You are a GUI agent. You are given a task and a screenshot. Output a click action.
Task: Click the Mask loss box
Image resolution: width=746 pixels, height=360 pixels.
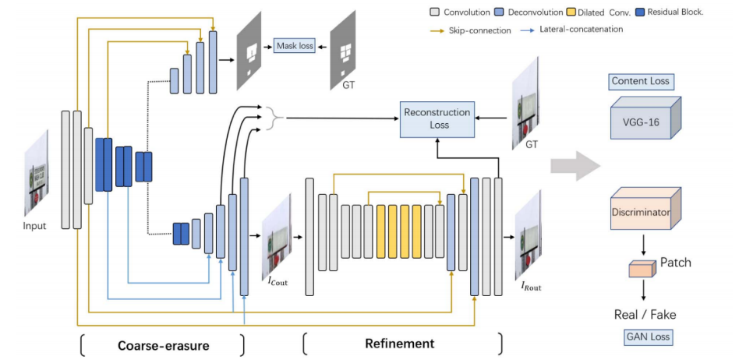point(295,47)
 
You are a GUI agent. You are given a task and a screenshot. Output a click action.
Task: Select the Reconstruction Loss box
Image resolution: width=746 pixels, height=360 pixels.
point(437,118)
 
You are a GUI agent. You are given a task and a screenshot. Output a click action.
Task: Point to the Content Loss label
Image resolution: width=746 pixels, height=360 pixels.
point(640,82)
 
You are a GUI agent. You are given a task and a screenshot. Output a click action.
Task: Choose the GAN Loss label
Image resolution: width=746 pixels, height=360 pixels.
point(643,337)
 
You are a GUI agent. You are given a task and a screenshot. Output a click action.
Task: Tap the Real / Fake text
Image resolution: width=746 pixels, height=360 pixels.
point(643,315)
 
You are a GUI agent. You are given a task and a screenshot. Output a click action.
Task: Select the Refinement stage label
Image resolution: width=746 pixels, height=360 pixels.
point(399,344)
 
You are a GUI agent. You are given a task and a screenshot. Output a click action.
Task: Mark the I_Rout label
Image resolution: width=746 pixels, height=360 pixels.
point(531,287)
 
